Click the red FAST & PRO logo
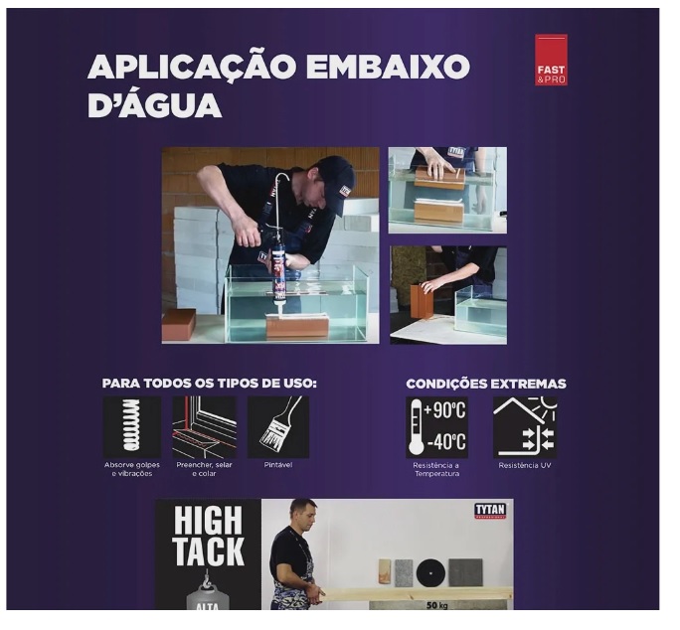[551, 60]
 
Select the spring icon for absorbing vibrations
[132, 427]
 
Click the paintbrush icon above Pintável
[278, 427]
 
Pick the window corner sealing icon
[204, 427]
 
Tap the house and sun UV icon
[525, 427]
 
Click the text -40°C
[446, 442]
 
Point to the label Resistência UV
[525, 466]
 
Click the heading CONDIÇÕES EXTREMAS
[486, 385]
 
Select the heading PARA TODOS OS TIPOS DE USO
[210, 384]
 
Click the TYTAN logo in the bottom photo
[490, 511]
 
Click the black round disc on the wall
[430, 573]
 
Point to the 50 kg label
[436, 605]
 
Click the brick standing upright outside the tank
[423, 302]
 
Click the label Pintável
[278, 465]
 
